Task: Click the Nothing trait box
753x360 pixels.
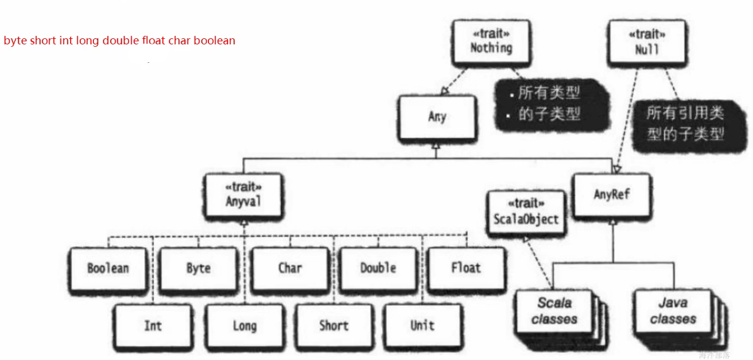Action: point(491,41)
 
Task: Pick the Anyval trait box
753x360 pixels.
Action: point(243,195)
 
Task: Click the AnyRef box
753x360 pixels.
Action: point(612,195)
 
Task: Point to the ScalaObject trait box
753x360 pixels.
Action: point(525,213)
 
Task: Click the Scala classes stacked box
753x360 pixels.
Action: point(555,311)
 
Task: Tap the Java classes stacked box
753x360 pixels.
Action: point(673,311)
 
